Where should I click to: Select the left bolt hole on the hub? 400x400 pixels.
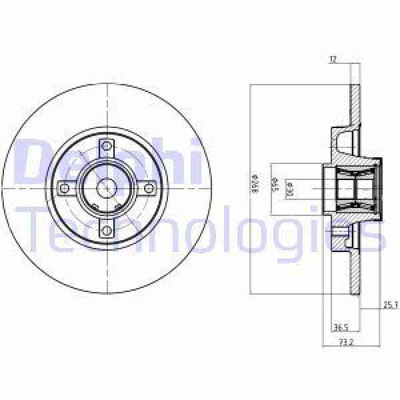tap(65, 189)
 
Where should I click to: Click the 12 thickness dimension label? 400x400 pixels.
tap(332, 60)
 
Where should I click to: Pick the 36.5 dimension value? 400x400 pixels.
tap(340, 327)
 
